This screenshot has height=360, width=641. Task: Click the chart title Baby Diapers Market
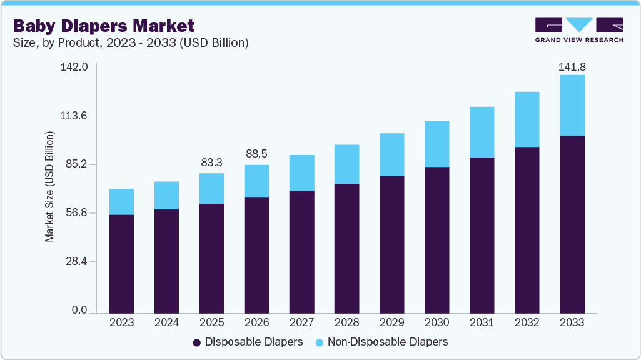point(104,26)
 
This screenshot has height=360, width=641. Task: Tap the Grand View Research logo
point(579,29)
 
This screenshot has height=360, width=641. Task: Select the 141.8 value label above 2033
point(572,67)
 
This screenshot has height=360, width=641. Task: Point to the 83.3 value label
point(211,162)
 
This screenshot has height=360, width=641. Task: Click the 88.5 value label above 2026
point(256,154)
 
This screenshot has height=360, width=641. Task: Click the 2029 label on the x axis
point(392,322)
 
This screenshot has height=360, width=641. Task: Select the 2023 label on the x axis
point(121,322)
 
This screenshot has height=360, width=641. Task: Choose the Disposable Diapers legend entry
point(248,342)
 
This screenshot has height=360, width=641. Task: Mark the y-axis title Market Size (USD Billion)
point(49,187)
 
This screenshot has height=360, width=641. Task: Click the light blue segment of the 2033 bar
point(572,105)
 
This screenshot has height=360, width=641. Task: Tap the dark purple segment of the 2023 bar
point(121,263)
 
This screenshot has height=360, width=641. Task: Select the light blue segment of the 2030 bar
point(437,144)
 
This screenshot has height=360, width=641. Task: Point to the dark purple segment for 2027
point(301,251)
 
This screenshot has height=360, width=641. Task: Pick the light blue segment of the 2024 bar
point(166,196)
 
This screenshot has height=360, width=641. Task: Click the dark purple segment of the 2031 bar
point(482,234)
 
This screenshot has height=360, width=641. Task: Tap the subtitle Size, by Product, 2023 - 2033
point(131,43)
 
